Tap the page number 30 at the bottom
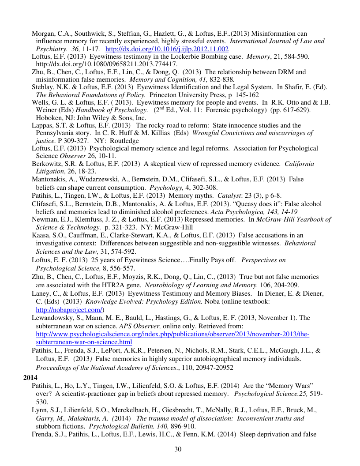point(178,449)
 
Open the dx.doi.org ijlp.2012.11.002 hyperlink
point(167,49)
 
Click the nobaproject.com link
point(69,310)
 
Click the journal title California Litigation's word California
point(300,164)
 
